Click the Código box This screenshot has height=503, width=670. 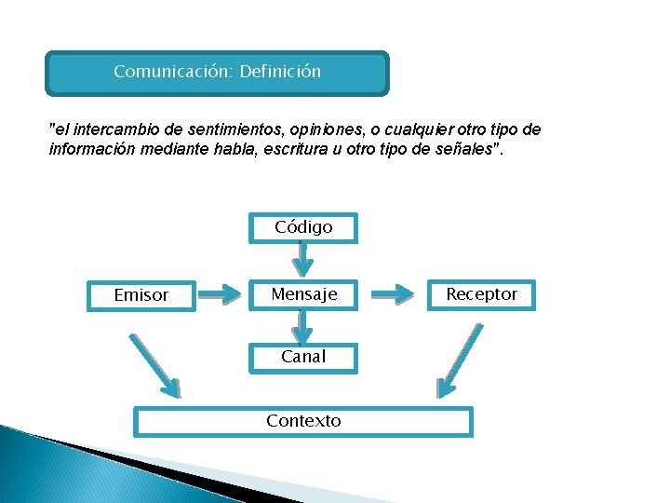[x=303, y=227]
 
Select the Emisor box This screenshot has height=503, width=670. [x=141, y=295]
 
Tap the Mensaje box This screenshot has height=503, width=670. [x=303, y=294]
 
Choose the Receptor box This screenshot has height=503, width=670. [x=481, y=294]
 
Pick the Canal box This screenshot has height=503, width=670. [x=303, y=357]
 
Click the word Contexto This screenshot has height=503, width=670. [x=303, y=421]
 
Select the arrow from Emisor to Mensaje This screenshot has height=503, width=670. [x=221, y=295]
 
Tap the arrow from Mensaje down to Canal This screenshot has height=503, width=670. [x=301, y=326]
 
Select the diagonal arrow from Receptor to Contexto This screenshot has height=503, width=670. [x=462, y=360]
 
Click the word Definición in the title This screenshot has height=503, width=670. [x=280, y=72]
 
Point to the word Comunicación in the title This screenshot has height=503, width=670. [x=173, y=72]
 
